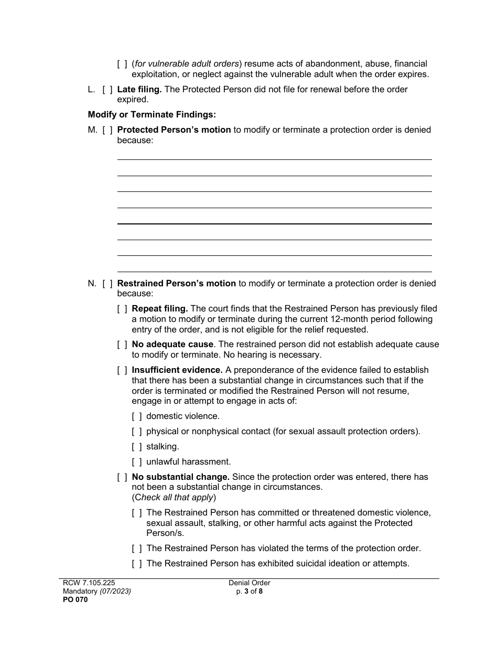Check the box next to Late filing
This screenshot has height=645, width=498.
click(x=107, y=90)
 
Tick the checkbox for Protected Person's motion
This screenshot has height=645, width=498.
click(x=107, y=130)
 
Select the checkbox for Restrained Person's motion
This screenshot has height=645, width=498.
click(x=107, y=284)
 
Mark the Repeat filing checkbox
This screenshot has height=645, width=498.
click(x=122, y=309)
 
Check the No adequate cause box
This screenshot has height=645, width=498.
click(x=122, y=345)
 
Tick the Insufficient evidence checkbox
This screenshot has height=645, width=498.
click(x=122, y=370)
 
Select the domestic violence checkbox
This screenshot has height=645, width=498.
click(x=137, y=416)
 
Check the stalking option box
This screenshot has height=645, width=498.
click(x=137, y=447)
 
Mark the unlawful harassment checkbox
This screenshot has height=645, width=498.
click(x=137, y=462)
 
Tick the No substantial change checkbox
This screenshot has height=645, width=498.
click(x=122, y=477)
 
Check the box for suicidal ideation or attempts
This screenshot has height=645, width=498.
click(x=137, y=564)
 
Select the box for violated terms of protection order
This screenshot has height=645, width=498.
click(x=137, y=549)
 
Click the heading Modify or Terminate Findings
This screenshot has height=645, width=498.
click(x=151, y=114)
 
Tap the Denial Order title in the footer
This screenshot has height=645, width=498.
click(x=249, y=583)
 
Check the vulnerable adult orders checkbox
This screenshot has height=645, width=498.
click(x=122, y=64)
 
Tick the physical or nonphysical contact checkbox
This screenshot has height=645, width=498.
click(x=137, y=432)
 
